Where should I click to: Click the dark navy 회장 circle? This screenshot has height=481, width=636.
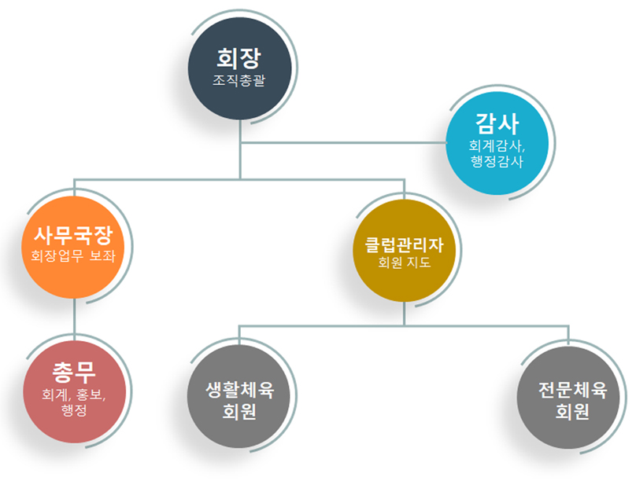click(240, 67)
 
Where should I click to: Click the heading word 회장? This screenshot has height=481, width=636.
click(240, 57)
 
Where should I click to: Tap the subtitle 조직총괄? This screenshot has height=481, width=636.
click(240, 81)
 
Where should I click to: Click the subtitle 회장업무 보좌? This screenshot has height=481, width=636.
click(73, 255)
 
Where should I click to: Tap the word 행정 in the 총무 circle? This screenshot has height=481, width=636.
click(74, 410)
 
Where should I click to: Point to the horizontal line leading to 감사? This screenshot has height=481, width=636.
click(346, 144)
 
